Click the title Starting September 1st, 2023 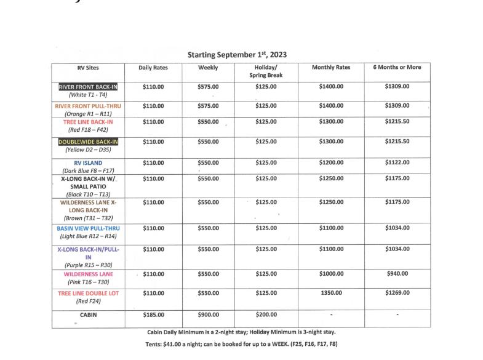pos(241,55)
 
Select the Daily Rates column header pos(153,68)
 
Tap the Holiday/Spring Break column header pos(266,71)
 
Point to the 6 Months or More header pos(397,67)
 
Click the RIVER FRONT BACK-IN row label pos(88,87)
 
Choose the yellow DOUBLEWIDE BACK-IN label pos(88,142)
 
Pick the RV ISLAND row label pos(88,163)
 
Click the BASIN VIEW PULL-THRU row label pos(88,228)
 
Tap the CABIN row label pos(88,314)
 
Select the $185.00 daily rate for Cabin pos(153,314)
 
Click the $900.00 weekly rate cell pos(208,314)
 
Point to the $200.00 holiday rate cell pos(266,314)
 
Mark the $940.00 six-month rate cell pos(397,273)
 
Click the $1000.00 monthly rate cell pos(331,273)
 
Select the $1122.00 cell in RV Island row pos(397,162)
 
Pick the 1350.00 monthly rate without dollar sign pos(331,293)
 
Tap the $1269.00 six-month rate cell pos(397,293)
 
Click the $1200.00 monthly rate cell pos(331,162)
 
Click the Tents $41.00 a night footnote pos(241,344)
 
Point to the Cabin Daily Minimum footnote pos(241,332)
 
